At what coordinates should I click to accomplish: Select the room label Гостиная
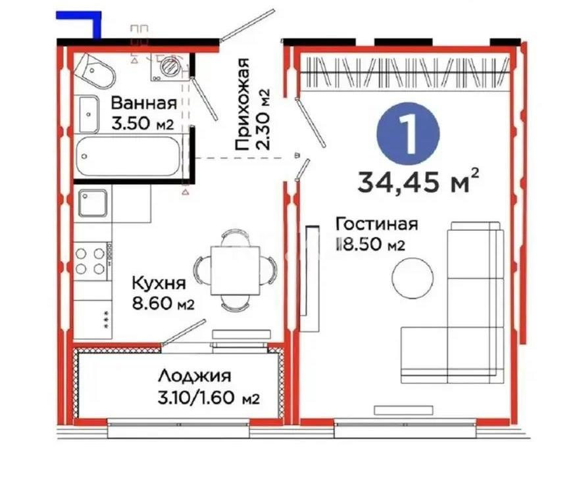pyautogui.click(x=376, y=224)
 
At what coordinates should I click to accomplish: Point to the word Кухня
pyautogui.click(x=157, y=283)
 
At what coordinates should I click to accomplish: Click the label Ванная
pyautogui.click(x=143, y=103)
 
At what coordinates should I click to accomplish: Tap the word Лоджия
pyautogui.click(x=194, y=377)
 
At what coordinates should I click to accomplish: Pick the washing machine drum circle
pyautogui.click(x=170, y=66)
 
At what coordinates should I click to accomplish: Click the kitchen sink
pyautogui.click(x=92, y=203)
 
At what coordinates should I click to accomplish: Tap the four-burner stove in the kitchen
pyautogui.click(x=91, y=260)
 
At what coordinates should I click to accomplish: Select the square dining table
pyautogui.click(x=233, y=270)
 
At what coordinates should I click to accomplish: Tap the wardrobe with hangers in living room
pyautogui.click(x=404, y=72)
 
